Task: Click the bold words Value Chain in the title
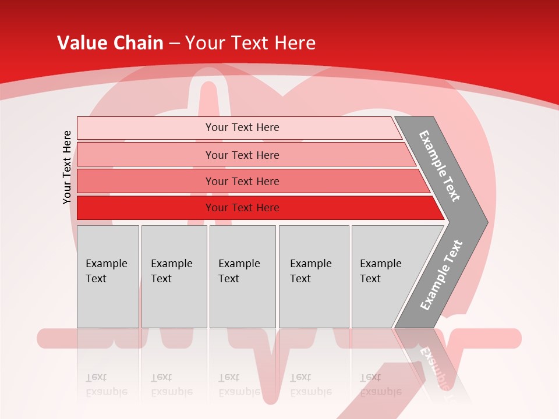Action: point(110,43)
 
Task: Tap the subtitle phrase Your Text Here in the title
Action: point(250,43)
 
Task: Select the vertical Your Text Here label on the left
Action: point(67,167)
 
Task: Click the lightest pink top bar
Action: point(146,128)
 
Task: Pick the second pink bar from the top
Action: point(146,155)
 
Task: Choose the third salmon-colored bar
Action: point(146,181)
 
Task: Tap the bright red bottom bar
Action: point(146,208)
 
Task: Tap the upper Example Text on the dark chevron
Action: point(440,166)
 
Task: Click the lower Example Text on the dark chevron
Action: point(441,275)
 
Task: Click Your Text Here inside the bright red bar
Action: point(242,208)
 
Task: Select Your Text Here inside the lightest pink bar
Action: point(242,127)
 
